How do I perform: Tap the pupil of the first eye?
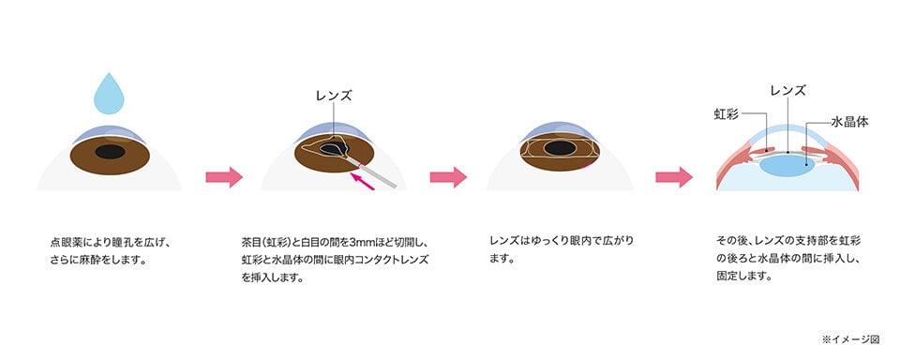click(x=112, y=151)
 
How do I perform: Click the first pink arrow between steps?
click(x=223, y=176)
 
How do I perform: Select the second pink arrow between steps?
click(x=448, y=176)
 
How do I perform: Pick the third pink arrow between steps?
click(x=673, y=176)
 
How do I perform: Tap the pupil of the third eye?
click(x=561, y=149)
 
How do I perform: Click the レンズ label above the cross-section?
click(x=787, y=91)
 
